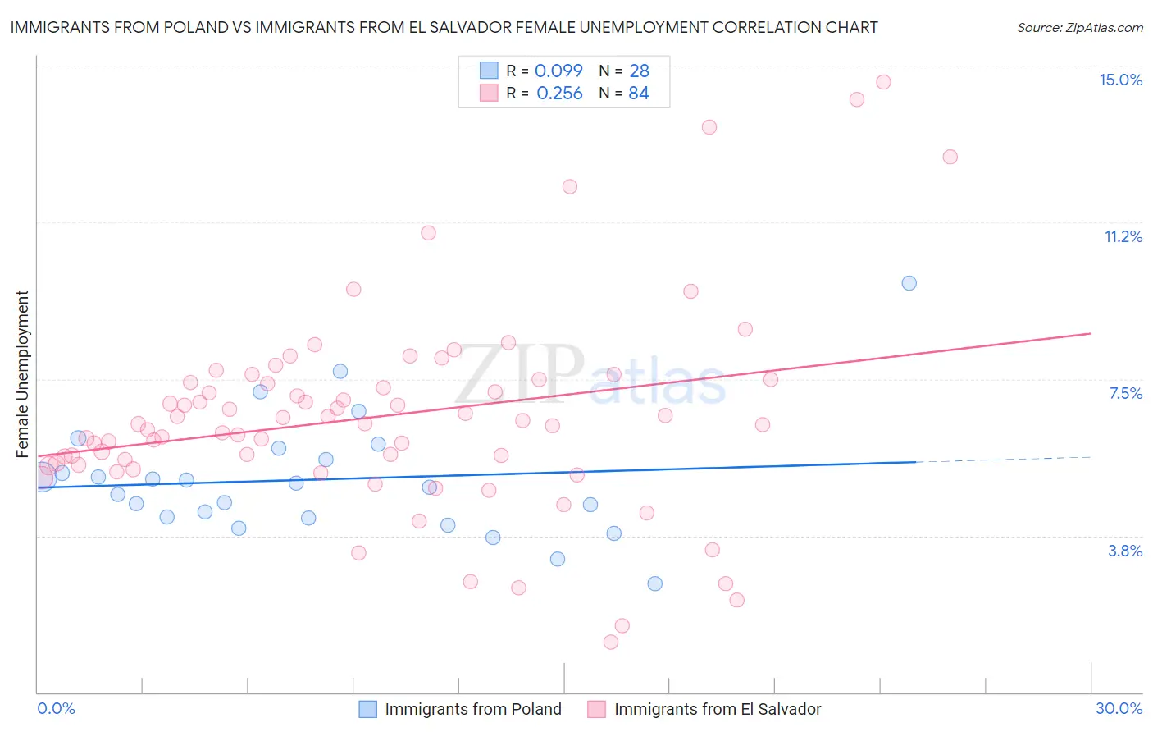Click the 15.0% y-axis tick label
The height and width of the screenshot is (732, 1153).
tap(1120, 80)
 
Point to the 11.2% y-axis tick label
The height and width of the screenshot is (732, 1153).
tap(1123, 236)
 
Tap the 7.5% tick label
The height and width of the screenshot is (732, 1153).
tap(1125, 393)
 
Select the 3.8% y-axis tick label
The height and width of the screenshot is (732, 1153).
tap(1125, 551)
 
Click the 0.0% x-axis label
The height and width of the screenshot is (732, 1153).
tap(56, 708)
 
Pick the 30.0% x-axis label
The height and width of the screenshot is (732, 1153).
tap(1119, 708)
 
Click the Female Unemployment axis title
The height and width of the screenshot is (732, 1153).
tap(22, 374)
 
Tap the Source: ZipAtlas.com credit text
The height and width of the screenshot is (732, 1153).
tap(1079, 27)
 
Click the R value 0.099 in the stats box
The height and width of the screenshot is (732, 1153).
tap(558, 71)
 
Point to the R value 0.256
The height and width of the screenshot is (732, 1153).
tap(559, 94)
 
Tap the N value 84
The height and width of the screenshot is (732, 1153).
tap(638, 94)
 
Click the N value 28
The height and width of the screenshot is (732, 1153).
tap(639, 71)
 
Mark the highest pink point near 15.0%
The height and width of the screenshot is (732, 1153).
tap(883, 82)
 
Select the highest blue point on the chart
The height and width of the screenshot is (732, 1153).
tap(909, 283)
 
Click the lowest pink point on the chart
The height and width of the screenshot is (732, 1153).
tap(610, 642)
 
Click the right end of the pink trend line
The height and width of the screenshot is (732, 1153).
tap(1090, 333)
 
